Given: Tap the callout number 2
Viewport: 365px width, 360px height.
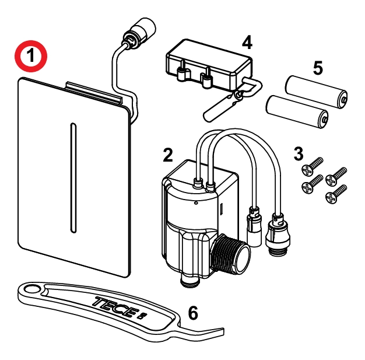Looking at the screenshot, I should point(167,155).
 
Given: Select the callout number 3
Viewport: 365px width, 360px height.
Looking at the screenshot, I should point(299,154).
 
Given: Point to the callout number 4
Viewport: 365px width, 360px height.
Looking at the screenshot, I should point(247,43).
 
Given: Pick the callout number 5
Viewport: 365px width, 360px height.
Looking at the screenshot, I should point(318,68).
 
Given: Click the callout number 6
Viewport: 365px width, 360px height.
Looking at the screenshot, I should point(192,313).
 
